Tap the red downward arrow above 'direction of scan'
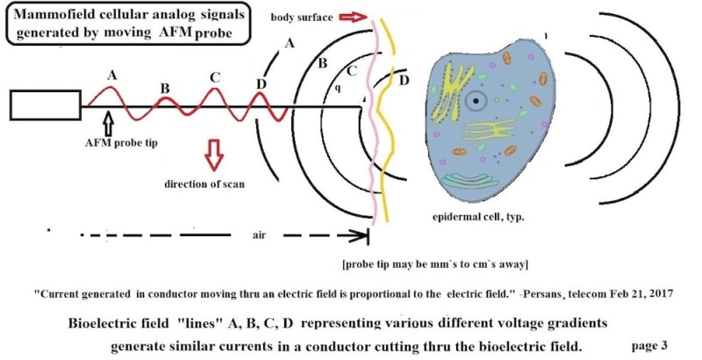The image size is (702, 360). coord(213,154)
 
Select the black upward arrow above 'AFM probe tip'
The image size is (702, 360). coord(108,117)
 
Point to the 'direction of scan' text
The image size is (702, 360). coord(204,184)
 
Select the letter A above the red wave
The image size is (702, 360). coord(111,76)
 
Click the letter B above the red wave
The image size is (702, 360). coord(164,87)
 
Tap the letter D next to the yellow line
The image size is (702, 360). coord(404,82)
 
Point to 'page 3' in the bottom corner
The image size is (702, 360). coord(649,343)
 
